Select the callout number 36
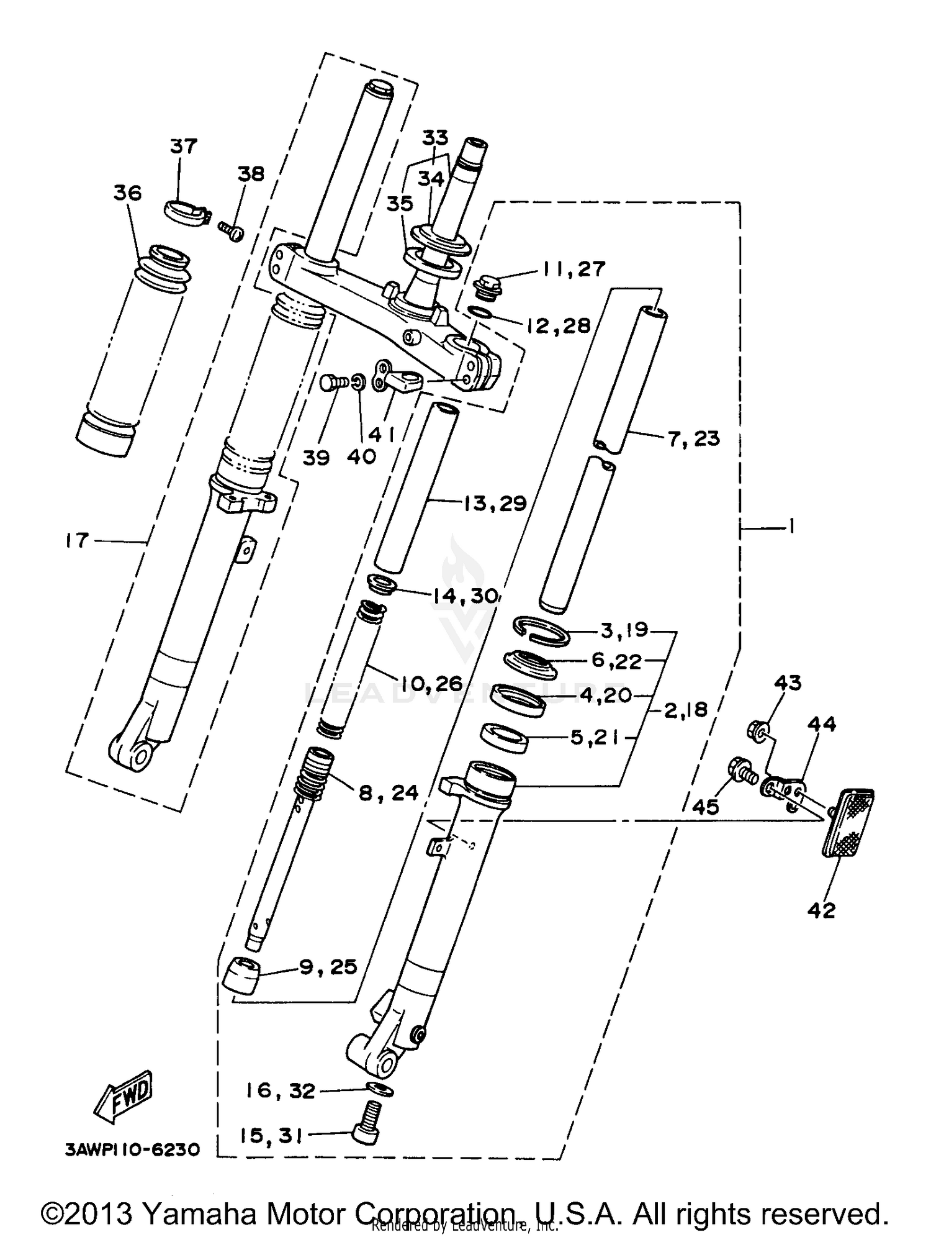coord(127,193)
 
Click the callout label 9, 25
coord(328,967)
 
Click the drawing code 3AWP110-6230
coord(132,1150)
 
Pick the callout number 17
coord(77,540)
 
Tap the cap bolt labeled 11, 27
coord(486,289)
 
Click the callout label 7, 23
coord(693,438)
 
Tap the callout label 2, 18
coord(685,709)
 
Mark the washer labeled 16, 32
coord(379,1089)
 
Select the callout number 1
coord(791,527)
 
